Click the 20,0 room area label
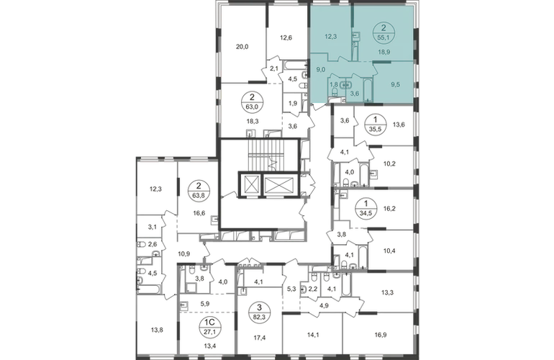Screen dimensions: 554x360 click(242, 46)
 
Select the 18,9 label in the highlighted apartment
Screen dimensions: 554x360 click(384, 52)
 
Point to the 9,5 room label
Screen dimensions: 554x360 click(396, 84)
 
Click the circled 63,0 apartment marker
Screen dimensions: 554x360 click(253, 102)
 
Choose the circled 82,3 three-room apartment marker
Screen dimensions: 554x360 click(260, 310)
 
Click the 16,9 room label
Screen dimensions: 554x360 click(379, 334)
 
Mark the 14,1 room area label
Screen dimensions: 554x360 click(313, 334)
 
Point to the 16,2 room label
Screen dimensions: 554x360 click(389, 209)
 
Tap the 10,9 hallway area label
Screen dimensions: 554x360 click(183, 253)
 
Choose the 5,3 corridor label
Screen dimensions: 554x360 click(291, 289)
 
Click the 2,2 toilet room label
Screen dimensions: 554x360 click(312, 289)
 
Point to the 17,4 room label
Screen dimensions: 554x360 click(260, 338)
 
